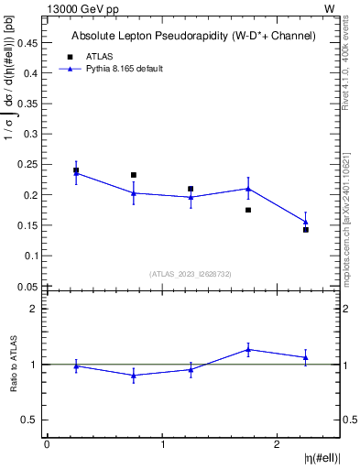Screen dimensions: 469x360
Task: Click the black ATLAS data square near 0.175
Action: tap(248, 210)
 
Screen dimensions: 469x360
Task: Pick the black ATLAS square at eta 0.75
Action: tap(134, 175)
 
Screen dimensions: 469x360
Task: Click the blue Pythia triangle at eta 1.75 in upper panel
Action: tap(248, 189)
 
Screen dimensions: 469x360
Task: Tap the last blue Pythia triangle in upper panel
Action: tap(306, 222)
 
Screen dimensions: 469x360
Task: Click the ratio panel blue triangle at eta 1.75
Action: tap(248, 349)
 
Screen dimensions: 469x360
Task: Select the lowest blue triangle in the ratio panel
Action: tap(134, 376)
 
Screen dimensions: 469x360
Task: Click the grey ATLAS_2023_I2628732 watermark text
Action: tap(191, 274)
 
